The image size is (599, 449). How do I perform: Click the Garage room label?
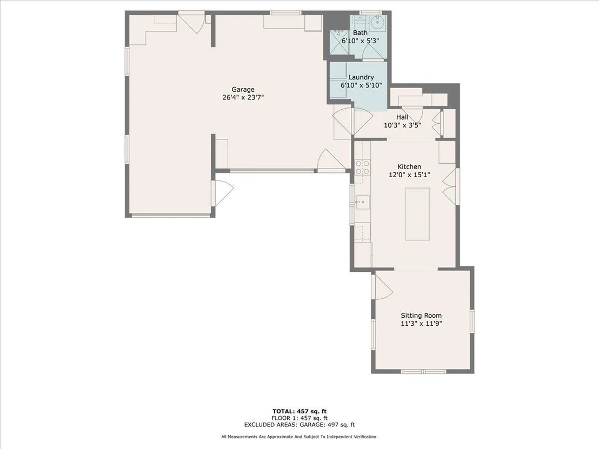tap(243, 90)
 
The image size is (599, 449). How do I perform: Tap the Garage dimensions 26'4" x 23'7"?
tap(243, 97)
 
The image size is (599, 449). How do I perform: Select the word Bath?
tap(360, 33)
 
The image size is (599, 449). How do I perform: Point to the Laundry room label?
tap(361, 77)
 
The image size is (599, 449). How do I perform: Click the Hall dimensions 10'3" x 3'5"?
tap(402, 125)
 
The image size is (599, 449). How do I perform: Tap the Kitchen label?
tap(409, 167)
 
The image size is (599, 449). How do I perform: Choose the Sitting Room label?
tap(421, 316)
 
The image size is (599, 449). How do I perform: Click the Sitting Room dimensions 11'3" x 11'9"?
tap(421, 324)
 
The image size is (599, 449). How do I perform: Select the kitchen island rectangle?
tap(417, 214)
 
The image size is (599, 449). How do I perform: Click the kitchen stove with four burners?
tap(363, 167)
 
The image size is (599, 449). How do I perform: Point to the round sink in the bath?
tap(378, 23)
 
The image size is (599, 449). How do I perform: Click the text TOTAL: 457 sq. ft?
tap(299, 411)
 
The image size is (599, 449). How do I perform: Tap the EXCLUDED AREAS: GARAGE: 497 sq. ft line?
tap(299, 425)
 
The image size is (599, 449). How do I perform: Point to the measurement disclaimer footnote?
tap(299, 437)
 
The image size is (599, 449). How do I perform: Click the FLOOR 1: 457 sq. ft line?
tap(299, 418)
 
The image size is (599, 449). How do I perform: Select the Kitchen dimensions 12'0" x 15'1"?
tap(410, 175)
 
